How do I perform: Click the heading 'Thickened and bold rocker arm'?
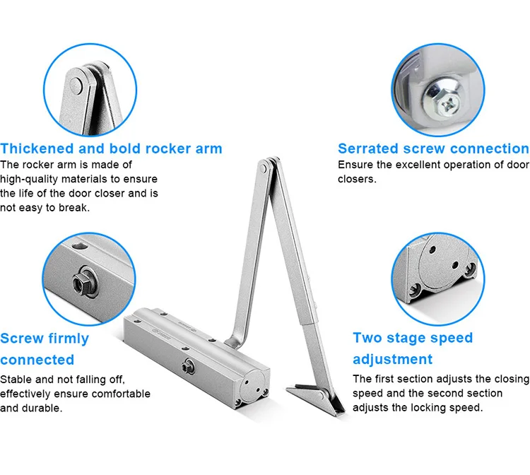pos(111,148)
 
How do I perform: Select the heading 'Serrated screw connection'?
pos(432,148)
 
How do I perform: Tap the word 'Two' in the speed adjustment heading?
pos(367,338)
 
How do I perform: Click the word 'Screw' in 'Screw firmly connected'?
pos(23,339)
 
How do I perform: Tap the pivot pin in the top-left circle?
pos(77,83)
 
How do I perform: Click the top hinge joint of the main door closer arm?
pos(263,167)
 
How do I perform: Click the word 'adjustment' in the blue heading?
pos(392,358)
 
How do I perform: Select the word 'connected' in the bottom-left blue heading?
pos(37,359)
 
